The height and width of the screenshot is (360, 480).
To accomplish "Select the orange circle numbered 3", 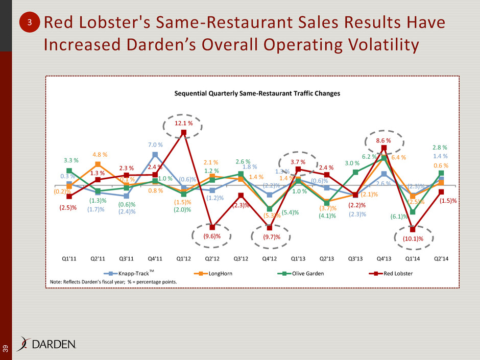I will [30, 22].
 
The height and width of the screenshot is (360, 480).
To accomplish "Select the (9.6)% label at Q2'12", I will [212, 236].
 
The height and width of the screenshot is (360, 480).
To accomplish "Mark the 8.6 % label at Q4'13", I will [383, 139].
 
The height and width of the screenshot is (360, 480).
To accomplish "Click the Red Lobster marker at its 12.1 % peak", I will [183, 133].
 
